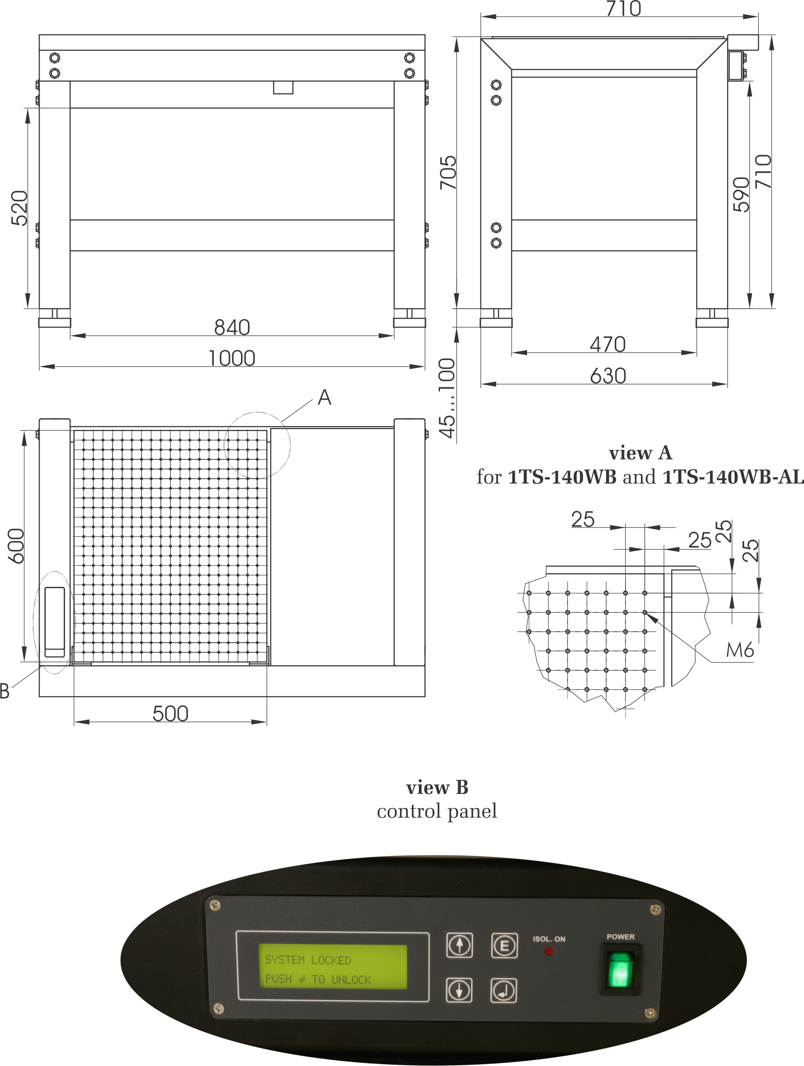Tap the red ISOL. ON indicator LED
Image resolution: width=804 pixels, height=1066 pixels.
(x=549, y=951)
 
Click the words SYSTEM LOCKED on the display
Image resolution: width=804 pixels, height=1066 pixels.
(x=308, y=960)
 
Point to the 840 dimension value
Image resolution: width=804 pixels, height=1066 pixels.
(x=232, y=327)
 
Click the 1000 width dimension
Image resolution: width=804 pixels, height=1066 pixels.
(x=232, y=359)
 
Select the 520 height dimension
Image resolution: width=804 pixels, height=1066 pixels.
(x=20, y=208)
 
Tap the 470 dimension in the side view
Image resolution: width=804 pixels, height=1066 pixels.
(x=608, y=345)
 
